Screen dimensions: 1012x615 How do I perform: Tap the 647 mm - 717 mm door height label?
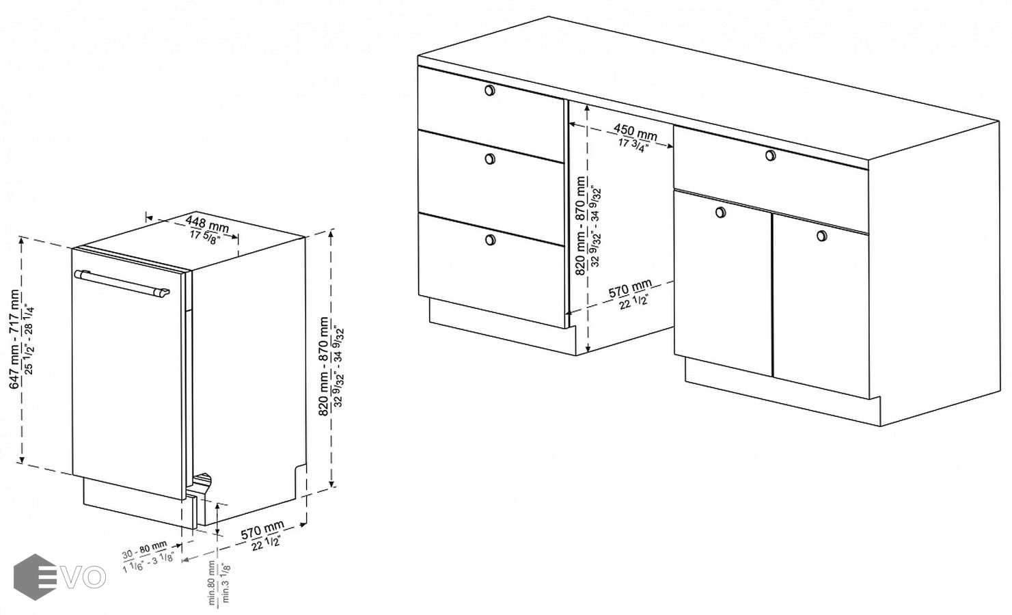[x=15, y=339]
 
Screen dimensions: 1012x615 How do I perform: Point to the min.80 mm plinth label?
[x=211, y=583]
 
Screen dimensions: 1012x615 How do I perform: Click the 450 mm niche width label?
[x=635, y=132]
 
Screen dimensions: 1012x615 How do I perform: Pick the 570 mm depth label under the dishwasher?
[x=262, y=530]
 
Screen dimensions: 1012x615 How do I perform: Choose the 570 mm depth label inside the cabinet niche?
[x=630, y=289]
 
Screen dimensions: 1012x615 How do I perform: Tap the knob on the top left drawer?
[x=490, y=90]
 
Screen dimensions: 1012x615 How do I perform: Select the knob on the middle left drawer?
[x=490, y=159]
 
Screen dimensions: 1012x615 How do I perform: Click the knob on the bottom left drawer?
[x=490, y=240]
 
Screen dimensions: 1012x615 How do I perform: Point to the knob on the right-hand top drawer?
[x=770, y=155]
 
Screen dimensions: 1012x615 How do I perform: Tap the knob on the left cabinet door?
[x=721, y=213]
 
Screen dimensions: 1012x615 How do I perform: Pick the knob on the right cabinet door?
[x=822, y=236]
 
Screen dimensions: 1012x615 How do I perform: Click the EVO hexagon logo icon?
[x=35, y=577]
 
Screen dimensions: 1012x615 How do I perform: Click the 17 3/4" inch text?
[x=633, y=145]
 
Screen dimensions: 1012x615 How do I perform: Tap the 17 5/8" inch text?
[x=204, y=237]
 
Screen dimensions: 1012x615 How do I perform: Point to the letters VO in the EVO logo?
[x=83, y=577]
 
